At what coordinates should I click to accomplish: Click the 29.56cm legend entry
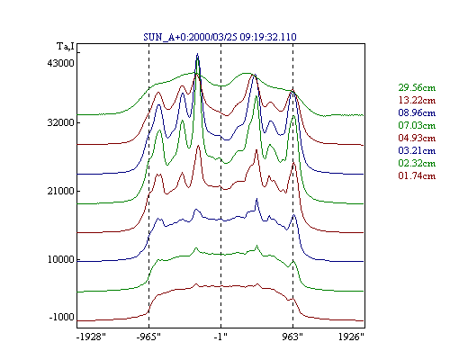pyautogui.click(x=417, y=87)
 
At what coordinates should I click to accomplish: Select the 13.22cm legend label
pyautogui.click(x=417, y=100)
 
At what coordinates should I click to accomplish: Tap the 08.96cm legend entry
pyautogui.click(x=417, y=112)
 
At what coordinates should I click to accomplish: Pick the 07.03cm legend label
pyautogui.click(x=417, y=125)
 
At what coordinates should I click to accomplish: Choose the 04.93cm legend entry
pyautogui.click(x=417, y=138)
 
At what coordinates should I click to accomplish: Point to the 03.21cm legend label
pyautogui.click(x=417, y=150)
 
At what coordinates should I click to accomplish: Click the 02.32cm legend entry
pyautogui.click(x=417, y=163)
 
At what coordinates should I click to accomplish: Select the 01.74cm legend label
pyautogui.click(x=417, y=175)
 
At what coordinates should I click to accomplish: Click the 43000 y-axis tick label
pyautogui.click(x=60, y=63)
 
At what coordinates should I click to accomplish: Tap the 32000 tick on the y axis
pyautogui.click(x=60, y=122)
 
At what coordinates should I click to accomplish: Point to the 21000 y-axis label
pyautogui.click(x=60, y=191)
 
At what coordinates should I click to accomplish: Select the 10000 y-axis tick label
pyautogui.click(x=60, y=259)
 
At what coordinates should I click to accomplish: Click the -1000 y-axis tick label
pyautogui.click(x=61, y=317)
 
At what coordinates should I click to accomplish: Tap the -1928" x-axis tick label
pyautogui.click(x=91, y=337)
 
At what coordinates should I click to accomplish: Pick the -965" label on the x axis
pyautogui.click(x=148, y=337)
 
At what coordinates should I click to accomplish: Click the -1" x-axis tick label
pyautogui.click(x=220, y=337)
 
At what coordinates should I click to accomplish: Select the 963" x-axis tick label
pyautogui.click(x=292, y=337)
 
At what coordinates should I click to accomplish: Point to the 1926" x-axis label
pyautogui.click(x=351, y=337)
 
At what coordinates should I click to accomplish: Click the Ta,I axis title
pyautogui.click(x=66, y=47)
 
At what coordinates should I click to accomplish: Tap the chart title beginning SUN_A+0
pyautogui.click(x=220, y=37)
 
